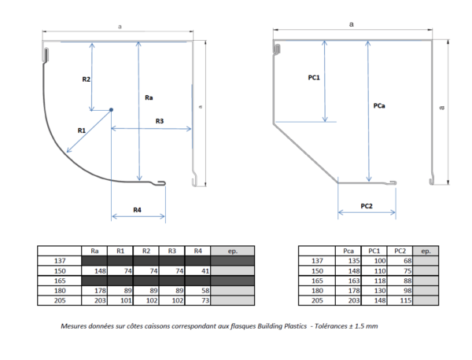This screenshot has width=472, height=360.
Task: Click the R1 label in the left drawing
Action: (82, 130)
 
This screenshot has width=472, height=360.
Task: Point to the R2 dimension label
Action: (86, 79)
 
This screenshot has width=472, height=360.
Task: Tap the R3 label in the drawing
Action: (160, 121)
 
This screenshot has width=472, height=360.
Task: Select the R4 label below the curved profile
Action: (137, 210)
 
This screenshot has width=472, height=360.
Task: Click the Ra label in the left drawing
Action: (149, 97)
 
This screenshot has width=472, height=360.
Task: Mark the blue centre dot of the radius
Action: (111, 110)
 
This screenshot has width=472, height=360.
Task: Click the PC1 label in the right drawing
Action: (314, 78)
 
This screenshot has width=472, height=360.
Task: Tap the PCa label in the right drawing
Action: (379, 105)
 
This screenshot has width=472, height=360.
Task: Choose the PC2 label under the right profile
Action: (367, 206)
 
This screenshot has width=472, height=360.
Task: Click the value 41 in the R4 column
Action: (205, 271)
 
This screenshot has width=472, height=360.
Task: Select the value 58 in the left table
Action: (205, 291)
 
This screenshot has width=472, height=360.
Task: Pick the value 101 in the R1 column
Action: (126, 300)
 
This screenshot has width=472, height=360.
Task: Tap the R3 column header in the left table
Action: (171, 251)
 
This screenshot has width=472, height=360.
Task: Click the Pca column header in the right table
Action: (348, 251)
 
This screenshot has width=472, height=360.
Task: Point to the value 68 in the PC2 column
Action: (407, 261)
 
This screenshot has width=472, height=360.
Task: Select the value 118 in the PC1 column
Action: (380, 281)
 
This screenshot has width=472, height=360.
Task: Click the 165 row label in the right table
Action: (317, 281)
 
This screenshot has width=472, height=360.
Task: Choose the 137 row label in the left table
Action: (60, 261)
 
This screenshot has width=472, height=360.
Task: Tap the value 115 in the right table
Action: (406, 300)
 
